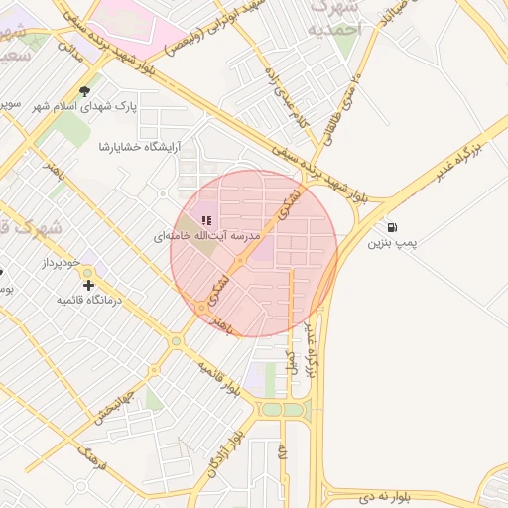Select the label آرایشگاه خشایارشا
click(x=140, y=147)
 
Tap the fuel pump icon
click(x=393, y=227)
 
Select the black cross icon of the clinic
click(x=89, y=285)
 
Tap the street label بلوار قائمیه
click(x=218, y=378)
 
